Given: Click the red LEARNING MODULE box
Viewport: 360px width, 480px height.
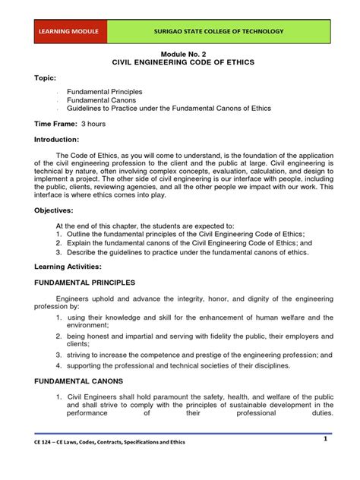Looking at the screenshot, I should [x=69, y=32].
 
